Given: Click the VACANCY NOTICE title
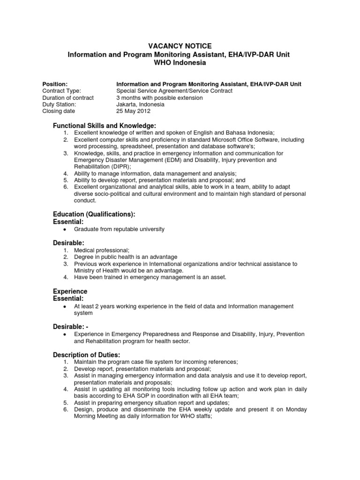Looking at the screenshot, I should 180,46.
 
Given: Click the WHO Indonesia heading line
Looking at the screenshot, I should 180,63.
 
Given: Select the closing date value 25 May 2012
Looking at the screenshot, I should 134,112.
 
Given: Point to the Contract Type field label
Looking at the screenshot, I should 61,91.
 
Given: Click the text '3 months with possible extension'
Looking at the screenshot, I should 159,98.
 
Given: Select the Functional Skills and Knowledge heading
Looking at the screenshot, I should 104,126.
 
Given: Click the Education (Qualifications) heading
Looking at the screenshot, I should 94,214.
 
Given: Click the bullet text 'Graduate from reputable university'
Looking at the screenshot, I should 120,229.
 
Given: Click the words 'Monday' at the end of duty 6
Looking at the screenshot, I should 296,409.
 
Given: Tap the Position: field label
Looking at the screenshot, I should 55,84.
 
